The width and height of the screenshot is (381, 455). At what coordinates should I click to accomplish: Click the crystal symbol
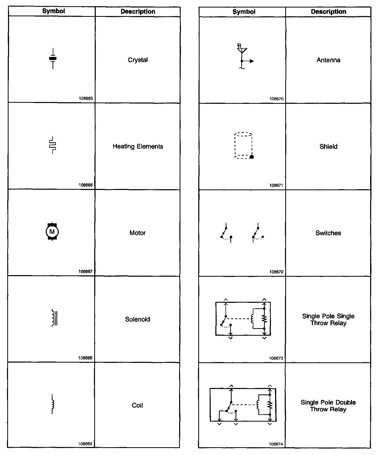[53, 59]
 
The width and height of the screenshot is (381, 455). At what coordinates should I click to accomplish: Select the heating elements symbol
[53, 145]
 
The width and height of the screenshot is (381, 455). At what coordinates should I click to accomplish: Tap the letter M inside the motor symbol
[52, 231]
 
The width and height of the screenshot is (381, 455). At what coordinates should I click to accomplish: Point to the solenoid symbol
[54, 318]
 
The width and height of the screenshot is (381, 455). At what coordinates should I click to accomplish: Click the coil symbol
[53, 404]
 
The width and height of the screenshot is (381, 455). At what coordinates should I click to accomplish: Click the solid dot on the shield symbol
[252, 157]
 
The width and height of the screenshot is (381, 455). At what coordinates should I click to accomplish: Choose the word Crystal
[138, 60]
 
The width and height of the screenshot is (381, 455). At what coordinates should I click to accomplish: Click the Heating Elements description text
[138, 146]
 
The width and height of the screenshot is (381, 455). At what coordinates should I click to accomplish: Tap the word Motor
[137, 233]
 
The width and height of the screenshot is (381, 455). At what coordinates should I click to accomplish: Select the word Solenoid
[137, 319]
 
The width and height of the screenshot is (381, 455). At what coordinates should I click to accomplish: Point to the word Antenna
[328, 60]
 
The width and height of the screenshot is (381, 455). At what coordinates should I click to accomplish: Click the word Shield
[328, 147]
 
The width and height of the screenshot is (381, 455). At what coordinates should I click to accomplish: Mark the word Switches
[328, 233]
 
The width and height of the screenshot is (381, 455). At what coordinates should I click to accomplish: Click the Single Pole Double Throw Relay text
[328, 406]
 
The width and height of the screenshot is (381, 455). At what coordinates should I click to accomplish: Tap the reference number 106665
[86, 99]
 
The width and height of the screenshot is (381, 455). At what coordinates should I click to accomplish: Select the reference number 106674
[276, 444]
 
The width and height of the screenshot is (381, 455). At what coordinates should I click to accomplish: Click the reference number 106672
[276, 272]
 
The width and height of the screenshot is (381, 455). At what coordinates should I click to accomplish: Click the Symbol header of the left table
[54, 11]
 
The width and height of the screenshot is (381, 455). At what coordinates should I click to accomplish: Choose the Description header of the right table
[328, 12]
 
